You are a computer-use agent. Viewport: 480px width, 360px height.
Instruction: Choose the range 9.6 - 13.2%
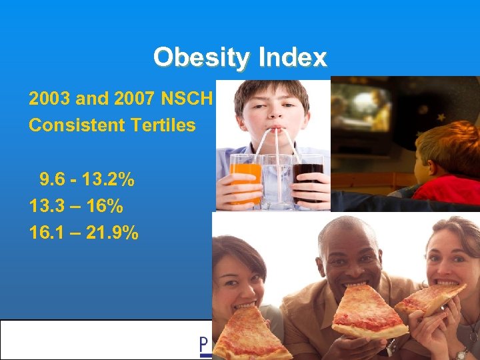(87, 179)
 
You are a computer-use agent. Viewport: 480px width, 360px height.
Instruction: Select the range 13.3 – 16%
(76, 206)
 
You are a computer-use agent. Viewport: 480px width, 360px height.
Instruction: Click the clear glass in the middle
(276, 180)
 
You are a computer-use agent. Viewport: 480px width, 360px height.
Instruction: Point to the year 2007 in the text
(138, 99)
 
